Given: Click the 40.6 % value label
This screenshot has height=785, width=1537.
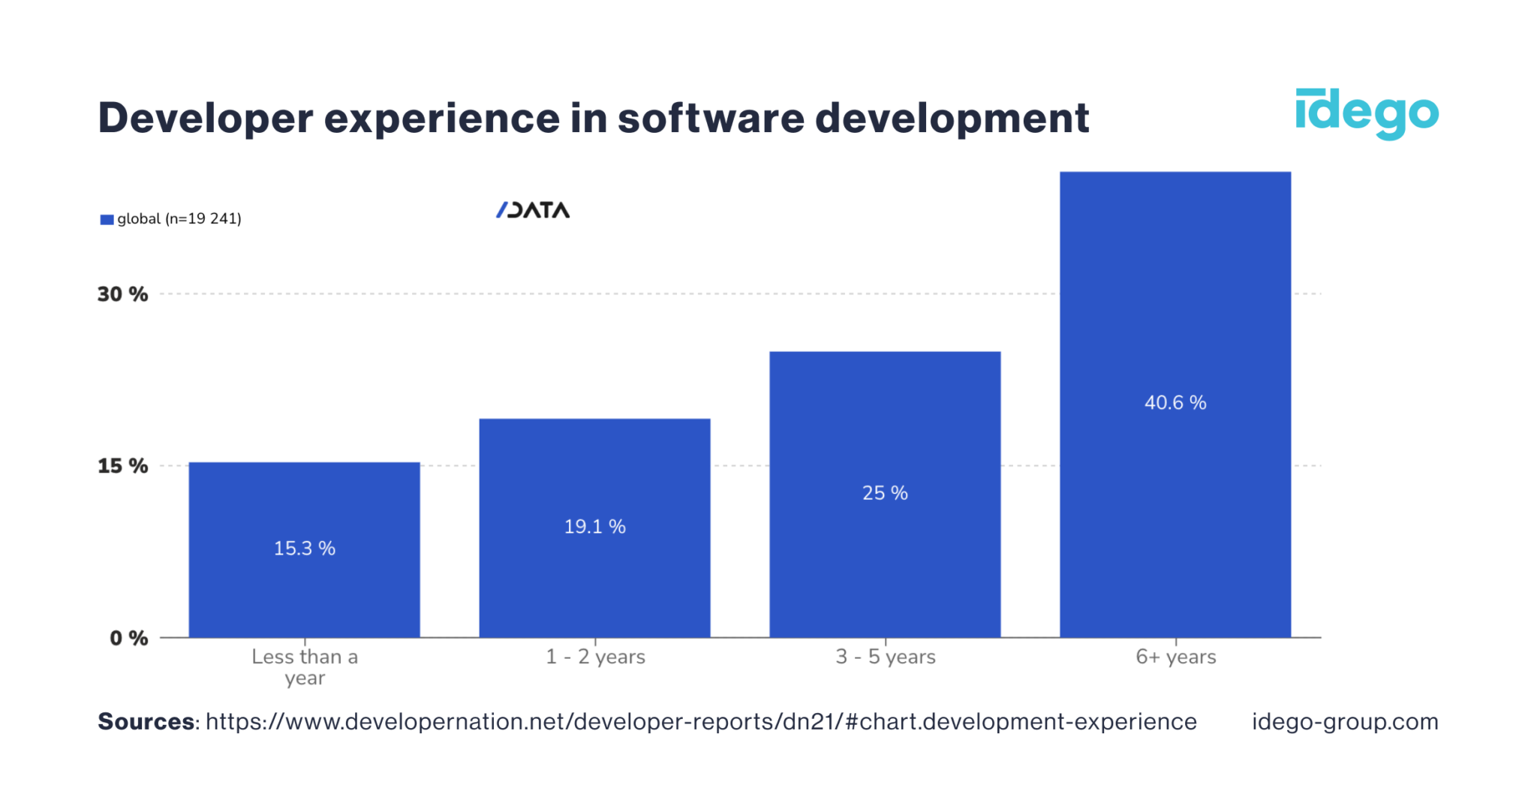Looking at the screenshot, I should [x=1175, y=403].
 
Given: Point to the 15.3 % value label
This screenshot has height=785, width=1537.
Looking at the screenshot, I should [x=304, y=549].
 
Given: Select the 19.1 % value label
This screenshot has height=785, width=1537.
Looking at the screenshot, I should [x=594, y=527].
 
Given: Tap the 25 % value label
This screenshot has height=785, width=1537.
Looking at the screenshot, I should [x=885, y=493].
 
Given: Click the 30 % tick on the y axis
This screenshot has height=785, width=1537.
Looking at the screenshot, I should [x=122, y=294].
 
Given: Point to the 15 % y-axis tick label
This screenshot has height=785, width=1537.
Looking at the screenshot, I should [x=122, y=466].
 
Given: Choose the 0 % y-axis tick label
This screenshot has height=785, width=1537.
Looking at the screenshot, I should [x=128, y=639].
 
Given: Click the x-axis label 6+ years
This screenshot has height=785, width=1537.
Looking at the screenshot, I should [x=1175, y=657].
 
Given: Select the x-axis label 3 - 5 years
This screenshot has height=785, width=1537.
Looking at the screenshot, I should [x=886, y=657].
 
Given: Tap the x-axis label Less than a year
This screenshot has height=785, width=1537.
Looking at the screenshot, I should [x=305, y=666].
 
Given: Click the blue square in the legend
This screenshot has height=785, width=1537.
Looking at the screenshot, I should [x=107, y=220].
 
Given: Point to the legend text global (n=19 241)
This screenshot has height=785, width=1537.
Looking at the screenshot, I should [x=179, y=219].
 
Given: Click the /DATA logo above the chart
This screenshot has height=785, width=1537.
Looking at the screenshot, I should [x=533, y=210].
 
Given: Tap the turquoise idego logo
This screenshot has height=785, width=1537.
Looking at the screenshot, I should [x=1367, y=114].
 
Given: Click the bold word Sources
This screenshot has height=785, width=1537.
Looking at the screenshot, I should [x=146, y=722].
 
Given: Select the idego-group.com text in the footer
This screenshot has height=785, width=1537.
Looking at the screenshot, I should [x=1345, y=722].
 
